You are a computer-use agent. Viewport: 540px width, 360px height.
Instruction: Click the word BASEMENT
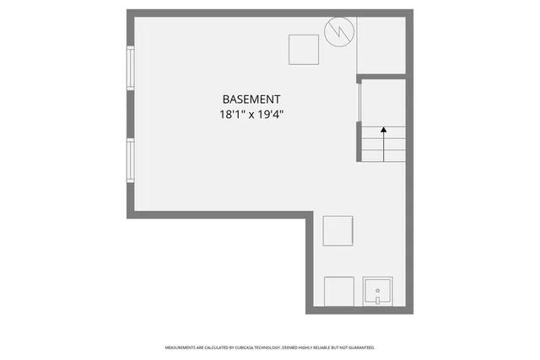pyautogui.click(x=251, y=99)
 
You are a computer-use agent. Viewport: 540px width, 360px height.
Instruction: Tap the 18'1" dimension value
pyautogui.click(x=230, y=114)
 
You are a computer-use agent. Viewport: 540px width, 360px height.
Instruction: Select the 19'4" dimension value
pyautogui.click(x=269, y=114)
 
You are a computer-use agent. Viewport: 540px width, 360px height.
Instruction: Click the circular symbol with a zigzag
pyautogui.click(x=339, y=32)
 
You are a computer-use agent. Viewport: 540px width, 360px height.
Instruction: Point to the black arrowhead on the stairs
pyautogui.click(x=384, y=131)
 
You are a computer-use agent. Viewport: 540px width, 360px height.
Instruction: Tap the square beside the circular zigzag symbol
pyautogui.click(x=303, y=50)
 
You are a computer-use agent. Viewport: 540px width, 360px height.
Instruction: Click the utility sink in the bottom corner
pyautogui.click(x=378, y=291)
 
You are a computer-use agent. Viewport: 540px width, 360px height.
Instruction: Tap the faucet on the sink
pyautogui.click(x=378, y=299)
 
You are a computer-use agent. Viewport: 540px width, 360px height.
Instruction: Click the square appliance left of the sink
pyautogui.click(x=339, y=291)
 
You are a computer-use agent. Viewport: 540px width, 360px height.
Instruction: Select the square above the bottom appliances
pyautogui.click(x=338, y=230)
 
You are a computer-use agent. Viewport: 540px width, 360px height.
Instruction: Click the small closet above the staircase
pyautogui.click(x=381, y=46)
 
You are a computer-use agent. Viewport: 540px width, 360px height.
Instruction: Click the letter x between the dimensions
pyautogui.click(x=250, y=115)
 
